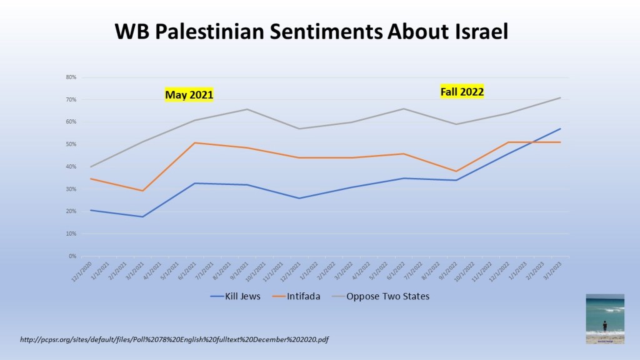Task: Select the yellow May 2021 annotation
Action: tap(189, 95)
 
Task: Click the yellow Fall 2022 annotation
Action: tap(462, 92)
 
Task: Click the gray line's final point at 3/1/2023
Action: tap(560, 97)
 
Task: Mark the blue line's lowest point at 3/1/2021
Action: tap(143, 217)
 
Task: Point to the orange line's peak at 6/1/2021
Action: tap(196, 143)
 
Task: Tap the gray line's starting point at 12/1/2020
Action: tap(91, 167)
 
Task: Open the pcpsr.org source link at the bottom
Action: tap(174, 340)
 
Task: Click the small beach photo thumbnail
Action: tap(604, 319)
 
